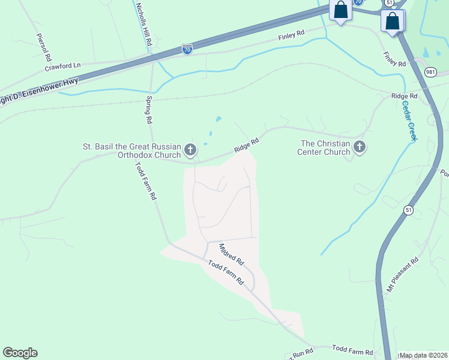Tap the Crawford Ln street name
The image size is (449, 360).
tap(62, 66)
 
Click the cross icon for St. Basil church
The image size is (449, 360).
tap(190, 149)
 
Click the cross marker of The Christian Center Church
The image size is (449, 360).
tap(359, 146)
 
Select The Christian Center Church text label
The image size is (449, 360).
tap(325, 148)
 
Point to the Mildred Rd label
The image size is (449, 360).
tap(232, 254)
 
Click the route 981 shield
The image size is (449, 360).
tap(414, 71)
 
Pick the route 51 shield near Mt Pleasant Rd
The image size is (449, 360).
tap(408, 210)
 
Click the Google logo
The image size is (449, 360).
tap(20, 353)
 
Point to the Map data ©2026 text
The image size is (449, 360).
tap(423, 355)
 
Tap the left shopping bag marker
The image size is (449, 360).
tap(341, 10)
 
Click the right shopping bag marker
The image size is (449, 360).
tap(392, 20)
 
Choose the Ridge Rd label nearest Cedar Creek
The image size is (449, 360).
tap(404, 96)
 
